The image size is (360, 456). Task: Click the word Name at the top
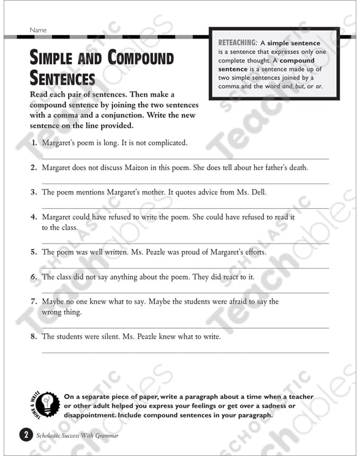point(37,30)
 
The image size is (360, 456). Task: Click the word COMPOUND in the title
point(140,59)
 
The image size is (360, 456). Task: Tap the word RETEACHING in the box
point(238,43)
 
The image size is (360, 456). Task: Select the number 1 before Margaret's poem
point(34,143)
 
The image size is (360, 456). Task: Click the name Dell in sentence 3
point(258,192)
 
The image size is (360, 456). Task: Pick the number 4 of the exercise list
point(34,217)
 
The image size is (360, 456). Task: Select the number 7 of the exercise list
point(34,301)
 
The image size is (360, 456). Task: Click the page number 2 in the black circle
point(24,435)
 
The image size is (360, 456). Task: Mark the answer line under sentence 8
point(184,352)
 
